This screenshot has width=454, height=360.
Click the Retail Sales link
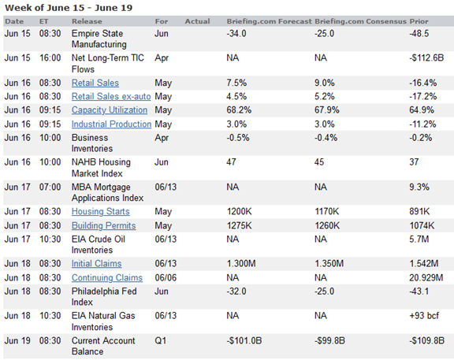tap(95, 83)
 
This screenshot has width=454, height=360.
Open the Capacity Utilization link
tap(110, 110)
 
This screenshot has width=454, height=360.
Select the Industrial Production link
tap(111, 124)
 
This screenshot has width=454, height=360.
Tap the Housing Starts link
tap(100, 212)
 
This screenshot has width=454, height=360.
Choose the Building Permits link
tap(104, 226)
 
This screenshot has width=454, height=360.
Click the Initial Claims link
tap(96, 264)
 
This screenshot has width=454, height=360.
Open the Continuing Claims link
tap(107, 278)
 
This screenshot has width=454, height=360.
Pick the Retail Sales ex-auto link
tap(111, 96)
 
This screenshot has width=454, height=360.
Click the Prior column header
tap(419, 21)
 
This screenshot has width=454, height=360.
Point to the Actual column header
tap(197, 21)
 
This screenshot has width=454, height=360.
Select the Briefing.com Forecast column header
tap(270, 21)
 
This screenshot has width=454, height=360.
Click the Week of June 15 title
tap(69, 8)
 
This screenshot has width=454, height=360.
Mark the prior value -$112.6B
tap(426, 58)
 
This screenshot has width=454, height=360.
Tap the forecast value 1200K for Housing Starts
tap(239, 212)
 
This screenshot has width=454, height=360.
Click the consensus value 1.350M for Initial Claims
tap(329, 264)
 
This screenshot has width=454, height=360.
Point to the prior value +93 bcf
tap(424, 315)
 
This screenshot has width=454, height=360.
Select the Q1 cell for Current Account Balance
tap(161, 340)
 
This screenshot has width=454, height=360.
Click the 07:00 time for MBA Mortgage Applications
tap(50, 187)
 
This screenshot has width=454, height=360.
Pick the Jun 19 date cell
tap(17, 340)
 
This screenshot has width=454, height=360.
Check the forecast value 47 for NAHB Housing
tap(232, 162)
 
